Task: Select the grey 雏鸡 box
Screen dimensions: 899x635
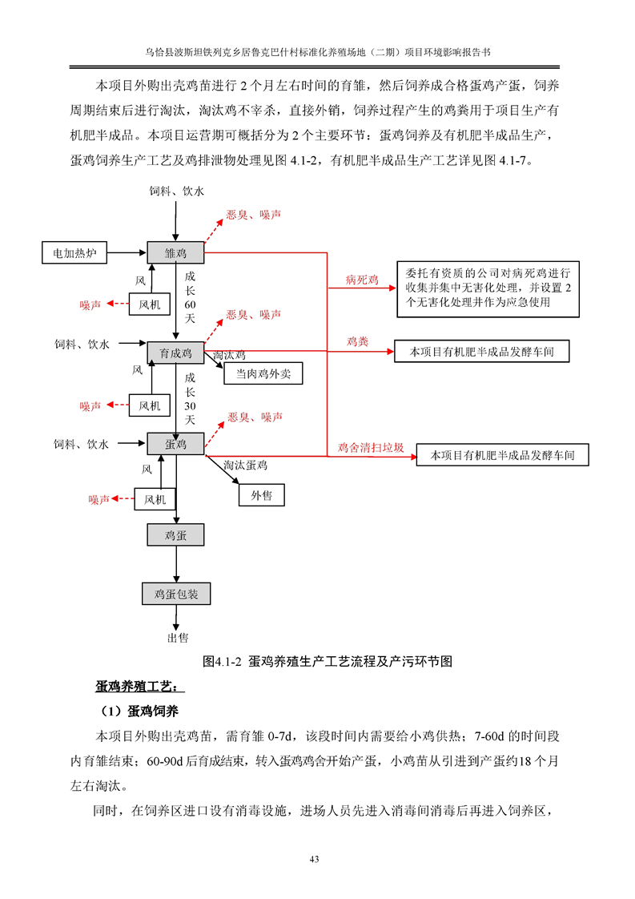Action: tap(175, 253)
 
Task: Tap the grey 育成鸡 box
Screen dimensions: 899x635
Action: tap(175, 352)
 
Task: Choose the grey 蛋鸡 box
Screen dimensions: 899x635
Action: tap(175, 443)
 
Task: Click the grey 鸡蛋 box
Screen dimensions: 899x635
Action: tap(175, 534)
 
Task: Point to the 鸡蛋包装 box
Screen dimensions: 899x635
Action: tap(176, 594)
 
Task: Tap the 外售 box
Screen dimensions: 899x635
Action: tap(261, 496)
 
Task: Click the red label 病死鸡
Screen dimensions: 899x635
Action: tap(362, 280)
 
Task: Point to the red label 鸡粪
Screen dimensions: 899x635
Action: tap(357, 341)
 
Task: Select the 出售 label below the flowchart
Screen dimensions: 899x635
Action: tap(177, 638)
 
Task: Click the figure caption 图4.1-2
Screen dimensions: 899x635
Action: tap(328, 662)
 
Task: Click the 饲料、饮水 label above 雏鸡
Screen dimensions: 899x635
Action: tap(176, 191)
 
